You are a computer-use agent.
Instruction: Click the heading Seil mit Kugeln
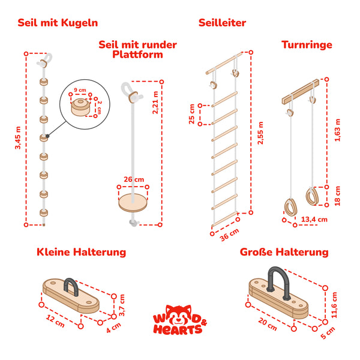pos(58,23)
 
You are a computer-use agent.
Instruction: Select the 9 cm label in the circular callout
pos(79,90)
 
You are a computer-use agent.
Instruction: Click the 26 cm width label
pos(134,179)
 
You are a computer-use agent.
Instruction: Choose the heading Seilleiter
pos(222,23)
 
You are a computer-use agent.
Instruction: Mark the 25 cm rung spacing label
pos(191,114)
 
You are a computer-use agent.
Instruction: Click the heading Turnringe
pos(307,44)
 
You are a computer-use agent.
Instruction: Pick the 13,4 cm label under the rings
pos(314,219)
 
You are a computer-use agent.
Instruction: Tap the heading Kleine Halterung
pos(81,252)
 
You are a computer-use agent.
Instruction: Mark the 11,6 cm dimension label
pos(334,305)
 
